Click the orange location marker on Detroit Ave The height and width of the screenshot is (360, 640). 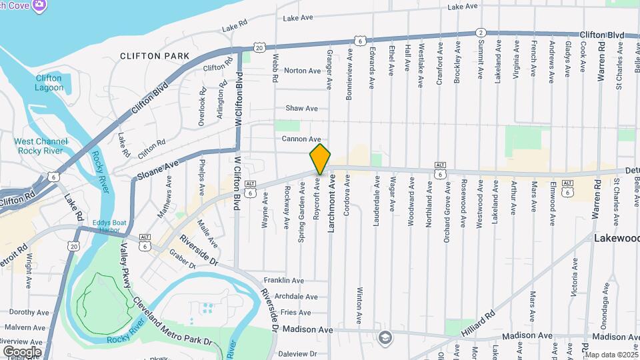[320, 158]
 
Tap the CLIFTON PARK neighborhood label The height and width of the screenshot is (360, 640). [155, 56]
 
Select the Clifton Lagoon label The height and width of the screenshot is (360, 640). [49, 83]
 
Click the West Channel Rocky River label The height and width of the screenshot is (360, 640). [41, 146]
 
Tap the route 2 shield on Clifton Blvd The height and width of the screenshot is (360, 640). [480, 33]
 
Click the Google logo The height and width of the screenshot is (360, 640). [22, 351]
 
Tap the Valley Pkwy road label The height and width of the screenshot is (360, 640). [125, 265]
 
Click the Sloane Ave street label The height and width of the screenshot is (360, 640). [158, 170]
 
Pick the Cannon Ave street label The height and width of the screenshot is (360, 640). [301, 139]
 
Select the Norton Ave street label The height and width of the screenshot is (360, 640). [302, 71]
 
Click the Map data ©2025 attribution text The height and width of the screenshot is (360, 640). [611, 355]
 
